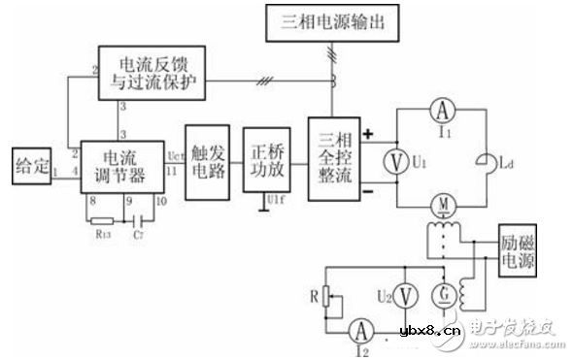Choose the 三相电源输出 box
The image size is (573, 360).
(329, 21)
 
